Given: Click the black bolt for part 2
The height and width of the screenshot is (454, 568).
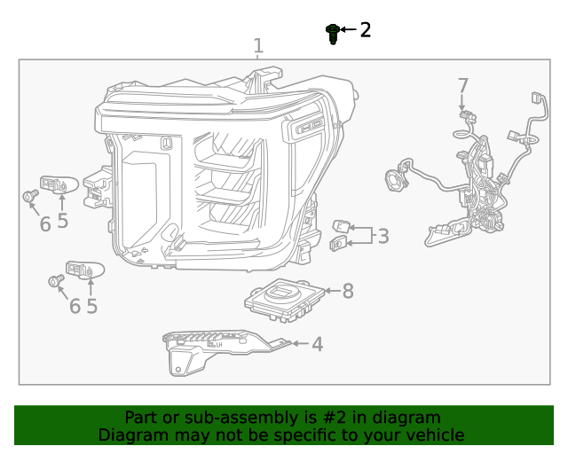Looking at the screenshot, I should (333, 34).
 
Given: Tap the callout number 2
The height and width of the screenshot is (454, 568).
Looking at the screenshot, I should (365, 30).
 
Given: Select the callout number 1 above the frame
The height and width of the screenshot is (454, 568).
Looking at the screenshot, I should (258, 46).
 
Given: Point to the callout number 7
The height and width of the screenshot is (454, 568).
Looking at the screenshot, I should (462, 86).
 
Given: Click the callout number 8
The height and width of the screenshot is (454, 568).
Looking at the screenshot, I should (348, 291).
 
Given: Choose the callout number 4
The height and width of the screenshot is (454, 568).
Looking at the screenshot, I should (317, 344).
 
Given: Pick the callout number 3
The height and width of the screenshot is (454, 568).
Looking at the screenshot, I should (383, 236).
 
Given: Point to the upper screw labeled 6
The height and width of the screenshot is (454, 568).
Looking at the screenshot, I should (28, 197).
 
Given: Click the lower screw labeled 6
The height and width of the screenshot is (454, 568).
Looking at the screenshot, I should (56, 282).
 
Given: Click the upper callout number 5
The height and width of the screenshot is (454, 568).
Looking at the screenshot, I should (62, 221).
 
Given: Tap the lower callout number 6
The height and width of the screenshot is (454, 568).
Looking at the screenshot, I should (75, 306).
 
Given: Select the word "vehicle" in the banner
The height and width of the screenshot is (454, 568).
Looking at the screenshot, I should (434, 435).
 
